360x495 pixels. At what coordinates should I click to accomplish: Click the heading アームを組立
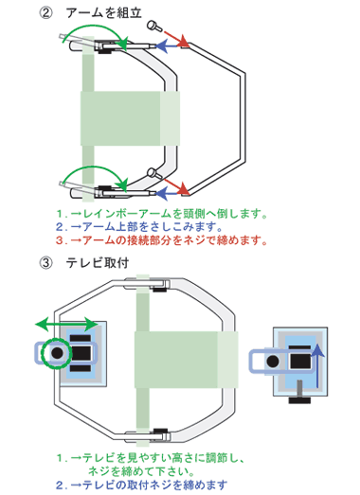(104, 13)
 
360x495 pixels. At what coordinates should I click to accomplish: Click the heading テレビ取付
(97, 263)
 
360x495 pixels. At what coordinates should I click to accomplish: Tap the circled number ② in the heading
(45, 13)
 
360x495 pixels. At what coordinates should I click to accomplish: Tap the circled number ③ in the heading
(45, 263)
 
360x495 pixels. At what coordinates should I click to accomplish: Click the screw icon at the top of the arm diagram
(154, 27)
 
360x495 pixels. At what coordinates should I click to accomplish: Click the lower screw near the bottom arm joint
(154, 173)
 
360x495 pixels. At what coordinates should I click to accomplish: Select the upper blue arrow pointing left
(169, 46)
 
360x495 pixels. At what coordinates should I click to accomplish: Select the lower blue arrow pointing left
(169, 193)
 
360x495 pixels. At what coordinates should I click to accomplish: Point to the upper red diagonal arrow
(175, 39)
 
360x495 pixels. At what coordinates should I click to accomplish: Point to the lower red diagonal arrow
(176, 186)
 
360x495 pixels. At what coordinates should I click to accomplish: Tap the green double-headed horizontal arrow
(66, 325)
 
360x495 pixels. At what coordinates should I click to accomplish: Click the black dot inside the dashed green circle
(57, 353)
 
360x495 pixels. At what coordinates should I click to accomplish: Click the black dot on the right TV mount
(273, 362)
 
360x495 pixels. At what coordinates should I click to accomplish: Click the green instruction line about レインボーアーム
(162, 214)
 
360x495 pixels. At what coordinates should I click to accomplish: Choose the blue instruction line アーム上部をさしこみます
(139, 227)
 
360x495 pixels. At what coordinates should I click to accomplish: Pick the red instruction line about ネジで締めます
(162, 240)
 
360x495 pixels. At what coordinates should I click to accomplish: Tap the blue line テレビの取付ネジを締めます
(141, 485)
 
